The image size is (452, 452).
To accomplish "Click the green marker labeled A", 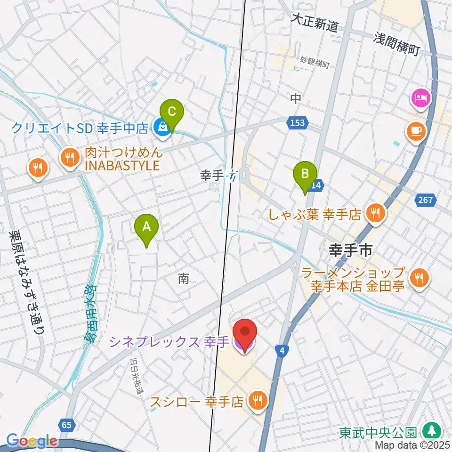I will click(146, 227).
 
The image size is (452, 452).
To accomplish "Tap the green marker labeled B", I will click(305, 174).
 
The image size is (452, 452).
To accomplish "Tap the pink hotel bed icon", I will click(420, 98).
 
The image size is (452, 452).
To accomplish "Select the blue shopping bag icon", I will click(162, 127).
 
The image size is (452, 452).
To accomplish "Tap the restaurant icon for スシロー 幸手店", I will click(257, 401).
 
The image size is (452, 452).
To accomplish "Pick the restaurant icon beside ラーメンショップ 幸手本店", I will click(418, 278).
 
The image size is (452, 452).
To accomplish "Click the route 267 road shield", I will click(425, 201).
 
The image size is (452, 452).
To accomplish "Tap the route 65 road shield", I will click(67, 425).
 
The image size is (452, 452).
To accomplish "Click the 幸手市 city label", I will click(350, 250).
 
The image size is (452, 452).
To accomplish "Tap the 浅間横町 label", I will click(397, 43).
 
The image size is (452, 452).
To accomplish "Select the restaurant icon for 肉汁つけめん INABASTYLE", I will click(71, 157).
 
